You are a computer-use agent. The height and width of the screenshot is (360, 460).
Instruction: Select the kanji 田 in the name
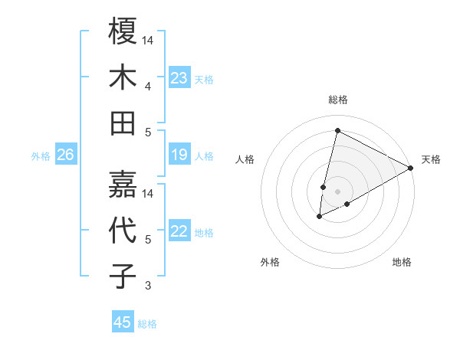[x=123, y=122]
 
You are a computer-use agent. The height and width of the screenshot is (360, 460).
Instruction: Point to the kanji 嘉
[x=123, y=184]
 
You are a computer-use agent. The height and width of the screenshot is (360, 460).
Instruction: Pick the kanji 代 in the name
[x=123, y=230]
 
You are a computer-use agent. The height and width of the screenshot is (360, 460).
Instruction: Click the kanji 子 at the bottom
[x=123, y=276]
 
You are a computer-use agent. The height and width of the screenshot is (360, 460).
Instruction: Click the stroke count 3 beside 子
[x=147, y=286]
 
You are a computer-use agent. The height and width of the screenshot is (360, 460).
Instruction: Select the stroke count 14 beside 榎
[x=149, y=39]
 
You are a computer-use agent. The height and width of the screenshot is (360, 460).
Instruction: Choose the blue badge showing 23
[x=179, y=77]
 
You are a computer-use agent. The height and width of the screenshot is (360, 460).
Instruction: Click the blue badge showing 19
[x=179, y=155]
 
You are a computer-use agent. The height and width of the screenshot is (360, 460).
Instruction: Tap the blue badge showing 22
[x=179, y=232]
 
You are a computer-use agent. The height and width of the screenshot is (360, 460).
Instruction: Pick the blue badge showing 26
[x=65, y=155]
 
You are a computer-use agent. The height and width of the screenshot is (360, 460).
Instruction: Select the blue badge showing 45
[x=122, y=322]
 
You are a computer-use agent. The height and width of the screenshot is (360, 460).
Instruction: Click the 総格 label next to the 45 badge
[x=147, y=324]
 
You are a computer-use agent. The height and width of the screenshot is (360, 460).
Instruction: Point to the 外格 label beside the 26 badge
[x=41, y=156]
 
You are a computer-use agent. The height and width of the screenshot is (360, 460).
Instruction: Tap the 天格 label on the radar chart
[x=431, y=159]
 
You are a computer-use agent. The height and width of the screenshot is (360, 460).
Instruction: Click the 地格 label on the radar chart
[x=402, y=262]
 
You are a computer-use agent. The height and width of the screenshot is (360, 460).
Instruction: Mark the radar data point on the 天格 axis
[x=411, y=167]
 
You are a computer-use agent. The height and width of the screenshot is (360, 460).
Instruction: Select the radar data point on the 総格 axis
[x=336, y=130]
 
